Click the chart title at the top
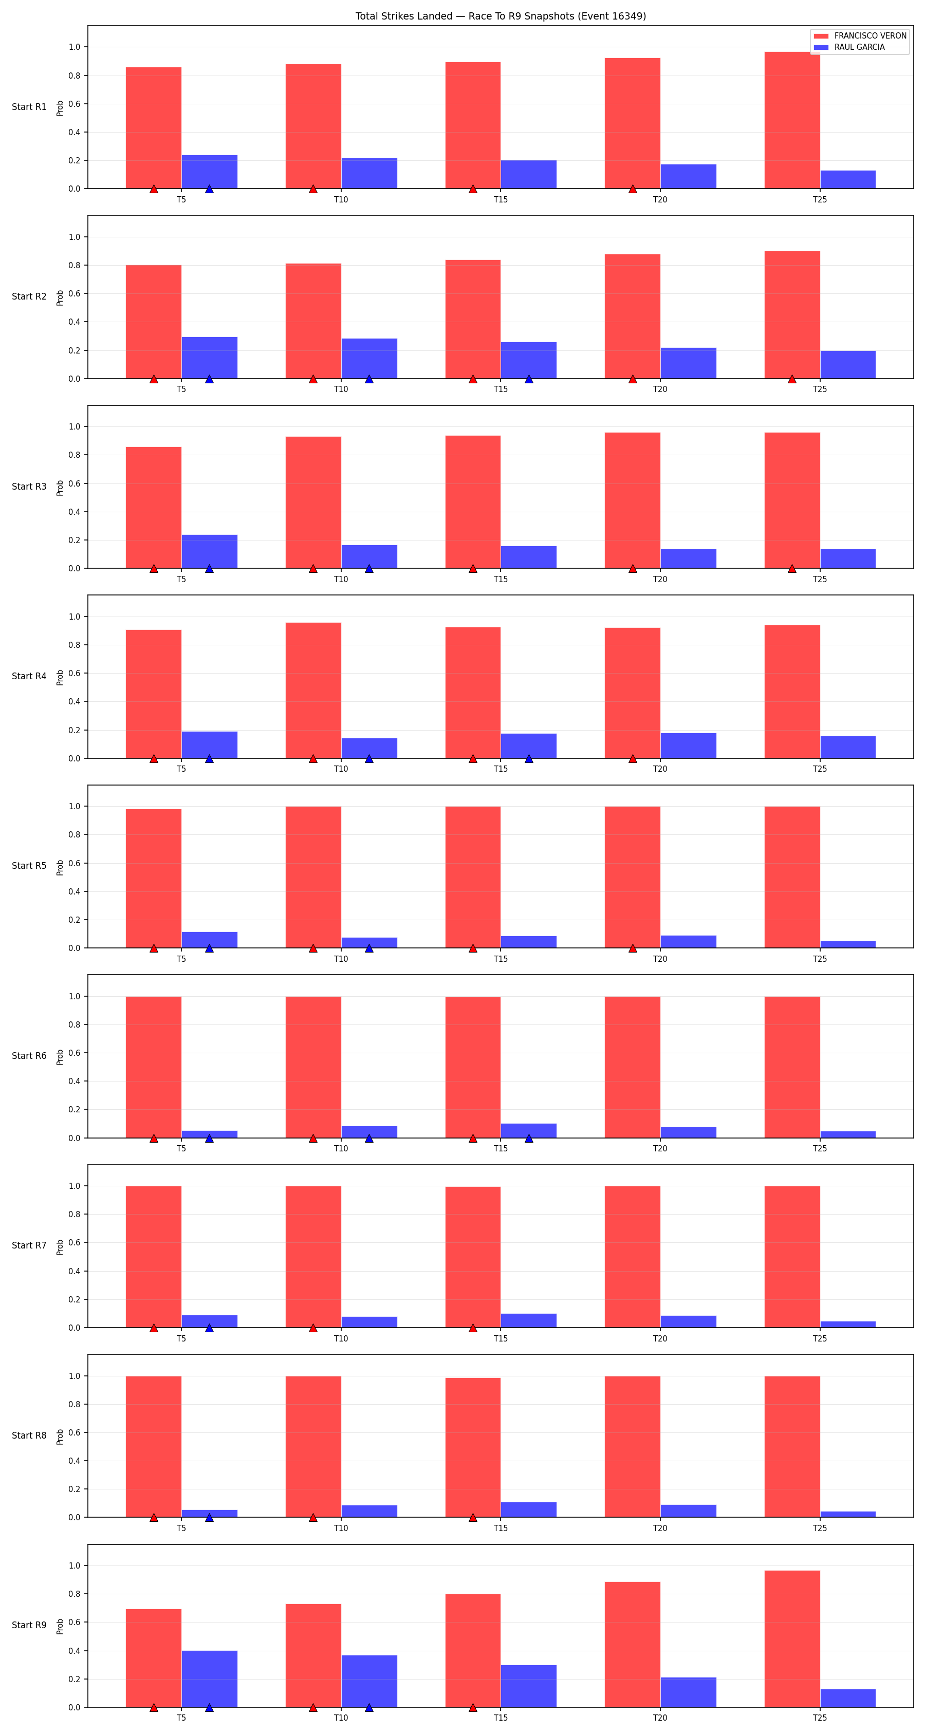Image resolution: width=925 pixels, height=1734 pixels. [500, 16]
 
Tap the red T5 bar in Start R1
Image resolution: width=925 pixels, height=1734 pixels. [154, 128]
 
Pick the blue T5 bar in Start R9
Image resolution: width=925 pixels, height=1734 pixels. [209, 1679]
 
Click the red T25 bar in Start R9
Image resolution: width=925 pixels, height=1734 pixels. [792, 1639]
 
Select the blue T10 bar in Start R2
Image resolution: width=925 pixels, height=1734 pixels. [369, 358]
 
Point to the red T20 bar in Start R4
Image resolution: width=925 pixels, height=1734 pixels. [632, 693]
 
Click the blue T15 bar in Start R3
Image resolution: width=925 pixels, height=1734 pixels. [528, 557]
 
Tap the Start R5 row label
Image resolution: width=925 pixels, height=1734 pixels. [29, 866]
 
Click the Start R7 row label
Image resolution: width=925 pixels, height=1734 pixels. [29, 1245]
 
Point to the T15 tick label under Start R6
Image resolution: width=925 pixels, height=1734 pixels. [500, 1148]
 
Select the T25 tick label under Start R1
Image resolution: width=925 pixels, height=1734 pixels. [819, 199]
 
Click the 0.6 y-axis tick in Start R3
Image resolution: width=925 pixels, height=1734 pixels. [74, 483]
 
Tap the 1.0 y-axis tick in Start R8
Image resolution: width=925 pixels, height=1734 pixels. [74, 1376]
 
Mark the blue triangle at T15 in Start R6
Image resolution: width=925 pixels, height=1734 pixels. [528, 1138]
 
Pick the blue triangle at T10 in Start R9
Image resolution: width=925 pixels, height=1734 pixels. [369, 1708]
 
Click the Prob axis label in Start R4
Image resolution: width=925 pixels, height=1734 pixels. [60, 677]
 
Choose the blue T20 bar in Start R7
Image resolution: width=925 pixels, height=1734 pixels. [688, 1321]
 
